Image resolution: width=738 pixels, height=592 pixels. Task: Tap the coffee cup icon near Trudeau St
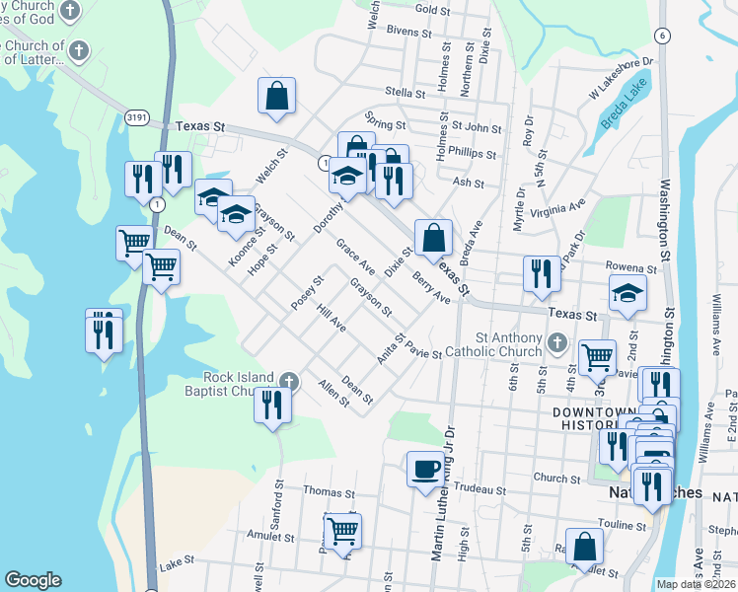coord(425,468)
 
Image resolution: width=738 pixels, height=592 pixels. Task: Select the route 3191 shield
coord(137,116)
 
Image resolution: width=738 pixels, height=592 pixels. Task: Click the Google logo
coord(33,580)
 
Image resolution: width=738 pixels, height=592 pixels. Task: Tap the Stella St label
coord(406,95)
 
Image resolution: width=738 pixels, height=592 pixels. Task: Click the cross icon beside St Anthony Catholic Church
coord(557,343)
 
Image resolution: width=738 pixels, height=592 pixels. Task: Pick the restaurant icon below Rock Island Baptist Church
coord(272,405)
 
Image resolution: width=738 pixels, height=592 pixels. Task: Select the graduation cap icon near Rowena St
coord(627,292)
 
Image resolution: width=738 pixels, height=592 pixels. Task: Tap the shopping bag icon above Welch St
coord(277,96)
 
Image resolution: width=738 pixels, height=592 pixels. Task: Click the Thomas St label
coord(329,492)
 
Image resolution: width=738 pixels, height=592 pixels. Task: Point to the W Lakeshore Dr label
coord(622,78)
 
